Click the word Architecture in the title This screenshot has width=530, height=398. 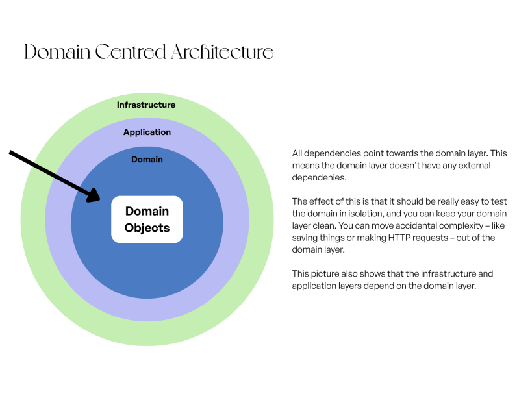(x=221, y=52)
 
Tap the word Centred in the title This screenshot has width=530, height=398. (x=131, y=52)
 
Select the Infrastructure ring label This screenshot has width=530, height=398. (x=146, y=105)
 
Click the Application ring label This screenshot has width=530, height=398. (x=147, y=132)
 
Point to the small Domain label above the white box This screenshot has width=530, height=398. (x=147, y=159)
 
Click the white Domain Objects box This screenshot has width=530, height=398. (x=147, y=219)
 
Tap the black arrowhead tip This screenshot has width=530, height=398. (x=100, y=200)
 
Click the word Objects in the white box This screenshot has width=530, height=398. (x=147, y=228)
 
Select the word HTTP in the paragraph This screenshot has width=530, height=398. (x=399, y=238)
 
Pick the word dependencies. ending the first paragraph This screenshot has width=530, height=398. (x=319, y=178)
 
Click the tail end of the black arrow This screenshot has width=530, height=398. (x=10, y=153)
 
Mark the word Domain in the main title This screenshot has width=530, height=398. (x=57, y=52)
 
